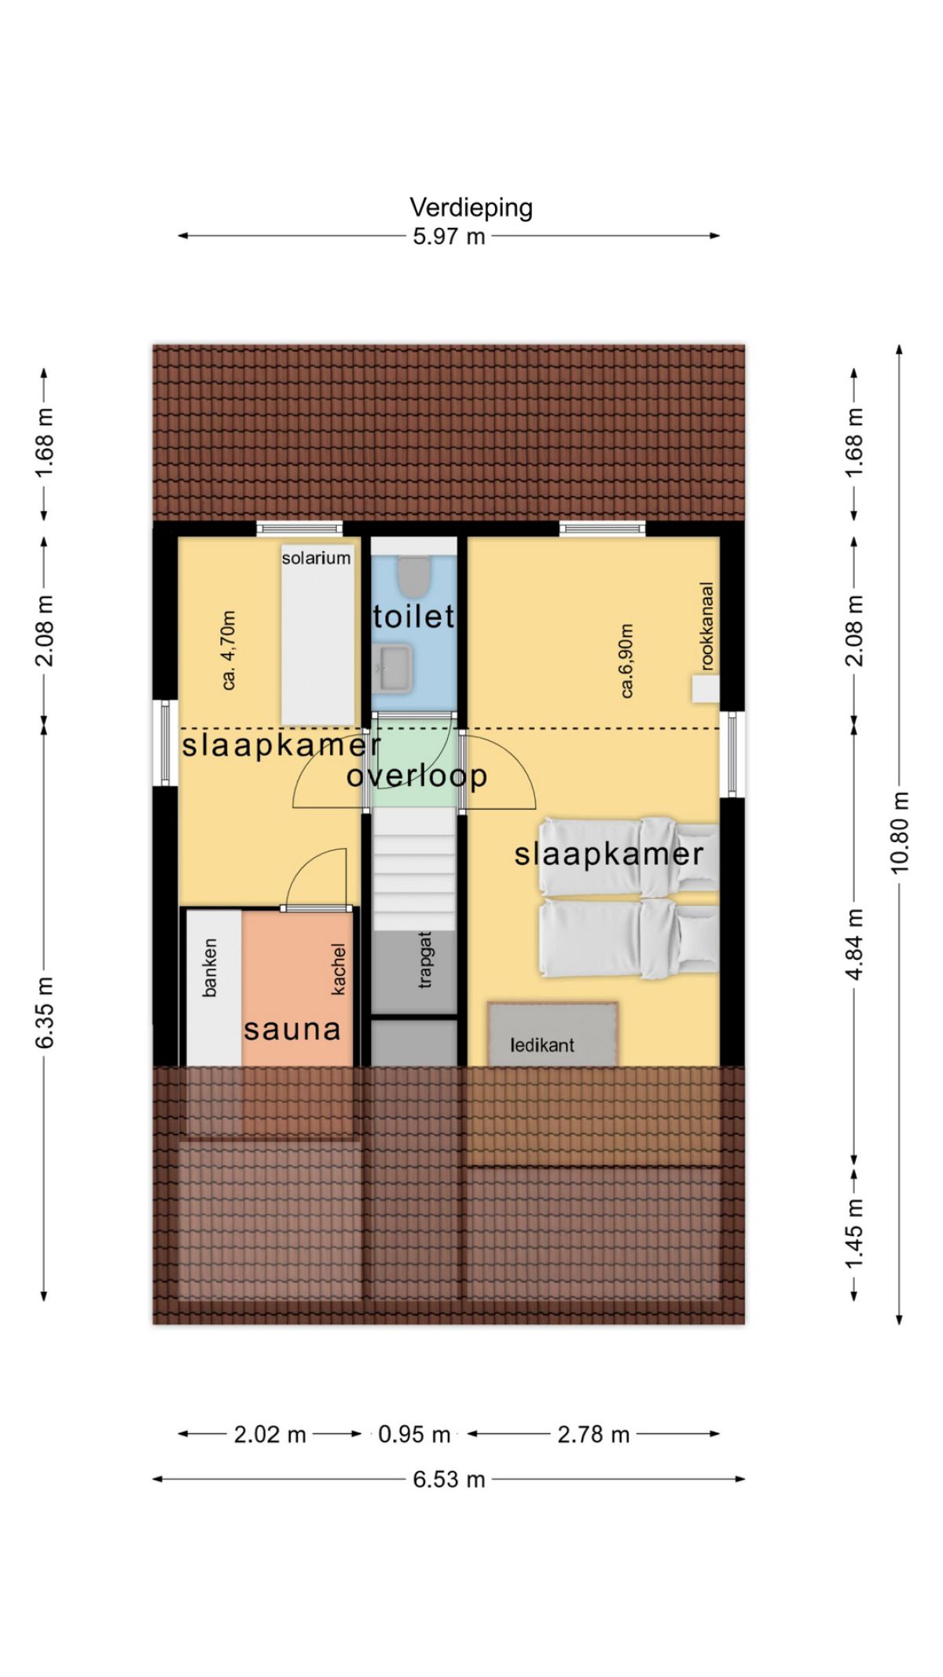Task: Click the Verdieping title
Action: [471, 208]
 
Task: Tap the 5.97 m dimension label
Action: [449, 236]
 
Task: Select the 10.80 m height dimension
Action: [900, 832]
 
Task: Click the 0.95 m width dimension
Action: [414, 1435]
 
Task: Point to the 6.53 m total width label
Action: [449, 1480]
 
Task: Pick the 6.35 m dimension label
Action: [44, 1013]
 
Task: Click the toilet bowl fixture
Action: [414, 576]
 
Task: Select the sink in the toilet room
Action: [393, 668]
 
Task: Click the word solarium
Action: [316, 557]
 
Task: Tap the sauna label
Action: [292, 1029]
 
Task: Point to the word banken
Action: [209, 968]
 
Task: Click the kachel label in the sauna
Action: [339, 969]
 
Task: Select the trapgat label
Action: [425, 959]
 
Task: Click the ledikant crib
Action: [552, 1034]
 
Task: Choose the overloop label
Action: [416, 776]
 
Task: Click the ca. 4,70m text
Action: [229, 650]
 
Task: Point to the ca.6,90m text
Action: [626, 660]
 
